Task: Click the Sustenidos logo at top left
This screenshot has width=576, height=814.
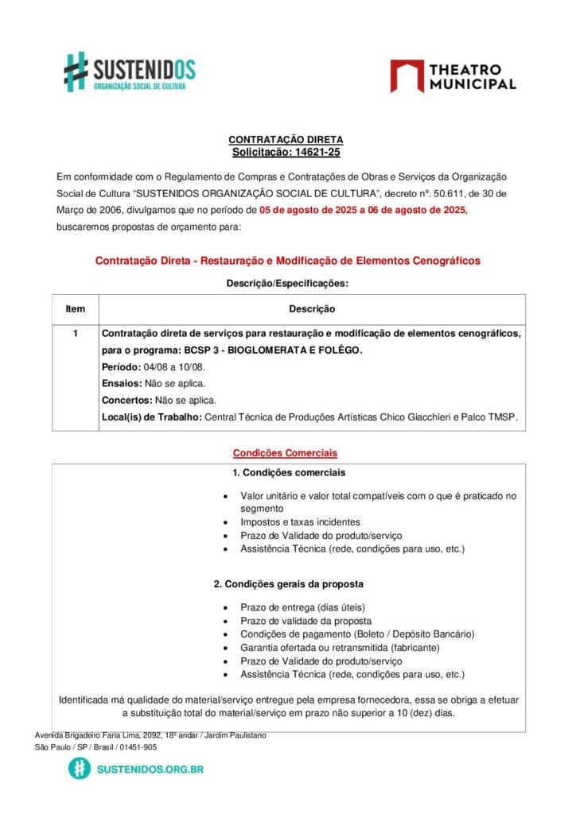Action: coord(130,72)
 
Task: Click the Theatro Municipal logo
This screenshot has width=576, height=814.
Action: coord(453,76)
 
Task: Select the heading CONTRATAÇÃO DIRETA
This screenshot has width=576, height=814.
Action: coord(286,140)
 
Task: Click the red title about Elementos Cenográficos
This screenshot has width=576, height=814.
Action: coord(287,261)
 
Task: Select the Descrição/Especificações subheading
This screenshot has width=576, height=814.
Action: coord(287,282)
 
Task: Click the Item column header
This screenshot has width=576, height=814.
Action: coord(75,308)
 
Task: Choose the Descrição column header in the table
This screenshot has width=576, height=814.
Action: coord(312,308)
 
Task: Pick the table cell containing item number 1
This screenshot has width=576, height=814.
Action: coord(75,334)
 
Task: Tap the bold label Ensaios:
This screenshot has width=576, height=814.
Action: coord(122,384)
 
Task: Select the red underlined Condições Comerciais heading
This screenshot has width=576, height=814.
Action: coord(285,453)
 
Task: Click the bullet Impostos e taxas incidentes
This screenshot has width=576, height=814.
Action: coord(301,522)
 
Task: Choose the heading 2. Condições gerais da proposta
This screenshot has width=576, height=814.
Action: coord(289,583)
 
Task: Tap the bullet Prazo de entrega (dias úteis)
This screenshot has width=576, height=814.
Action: coord(303,607)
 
